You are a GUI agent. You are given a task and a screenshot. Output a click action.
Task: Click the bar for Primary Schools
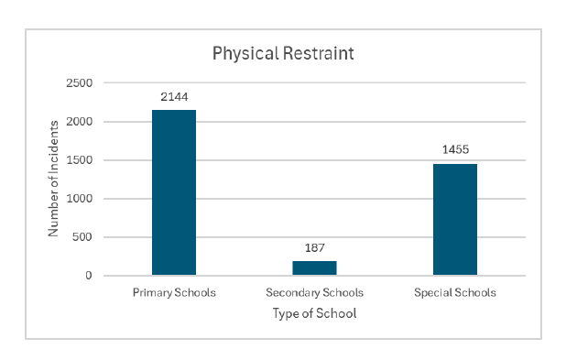coord(174,192)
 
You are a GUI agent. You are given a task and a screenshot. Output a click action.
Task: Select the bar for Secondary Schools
coord(314,267)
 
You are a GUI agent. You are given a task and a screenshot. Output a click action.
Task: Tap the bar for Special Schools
coord(455,219)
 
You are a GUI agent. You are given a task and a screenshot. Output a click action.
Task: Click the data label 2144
coord(174,96)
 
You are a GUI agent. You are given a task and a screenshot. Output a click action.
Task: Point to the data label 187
coord(314,247)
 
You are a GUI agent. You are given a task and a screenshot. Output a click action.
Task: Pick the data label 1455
coord(455,149)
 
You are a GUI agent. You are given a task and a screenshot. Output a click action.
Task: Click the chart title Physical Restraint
coord(283,53)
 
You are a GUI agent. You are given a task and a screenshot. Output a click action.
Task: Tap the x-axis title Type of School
coord(314,313)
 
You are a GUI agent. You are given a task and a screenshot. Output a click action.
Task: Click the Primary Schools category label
coord(174,293)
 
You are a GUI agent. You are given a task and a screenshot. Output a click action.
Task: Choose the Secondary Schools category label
coord(314,293)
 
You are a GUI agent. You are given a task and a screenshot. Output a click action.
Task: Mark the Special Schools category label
coord(455,293)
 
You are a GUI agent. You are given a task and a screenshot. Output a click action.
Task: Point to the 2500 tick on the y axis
coord(81,83)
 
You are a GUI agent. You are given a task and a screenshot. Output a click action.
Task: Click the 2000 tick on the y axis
coord(81,122)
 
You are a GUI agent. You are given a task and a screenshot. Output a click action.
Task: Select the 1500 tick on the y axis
coord(81,160)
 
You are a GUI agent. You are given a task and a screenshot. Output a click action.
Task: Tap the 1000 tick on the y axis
coord(81,199)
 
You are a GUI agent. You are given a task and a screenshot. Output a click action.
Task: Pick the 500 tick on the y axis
coord(83,237)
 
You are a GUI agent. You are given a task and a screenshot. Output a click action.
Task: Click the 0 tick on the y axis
coord(89,276)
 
